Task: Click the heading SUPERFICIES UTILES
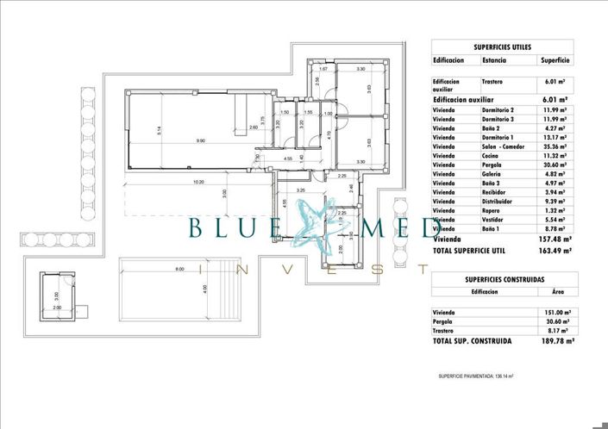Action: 502,47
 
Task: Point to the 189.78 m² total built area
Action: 552,341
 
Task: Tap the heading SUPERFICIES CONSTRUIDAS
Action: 502,280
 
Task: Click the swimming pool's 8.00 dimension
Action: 179,270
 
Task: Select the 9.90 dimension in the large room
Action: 200,140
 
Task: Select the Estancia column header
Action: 494,61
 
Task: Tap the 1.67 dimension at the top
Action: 323,69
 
